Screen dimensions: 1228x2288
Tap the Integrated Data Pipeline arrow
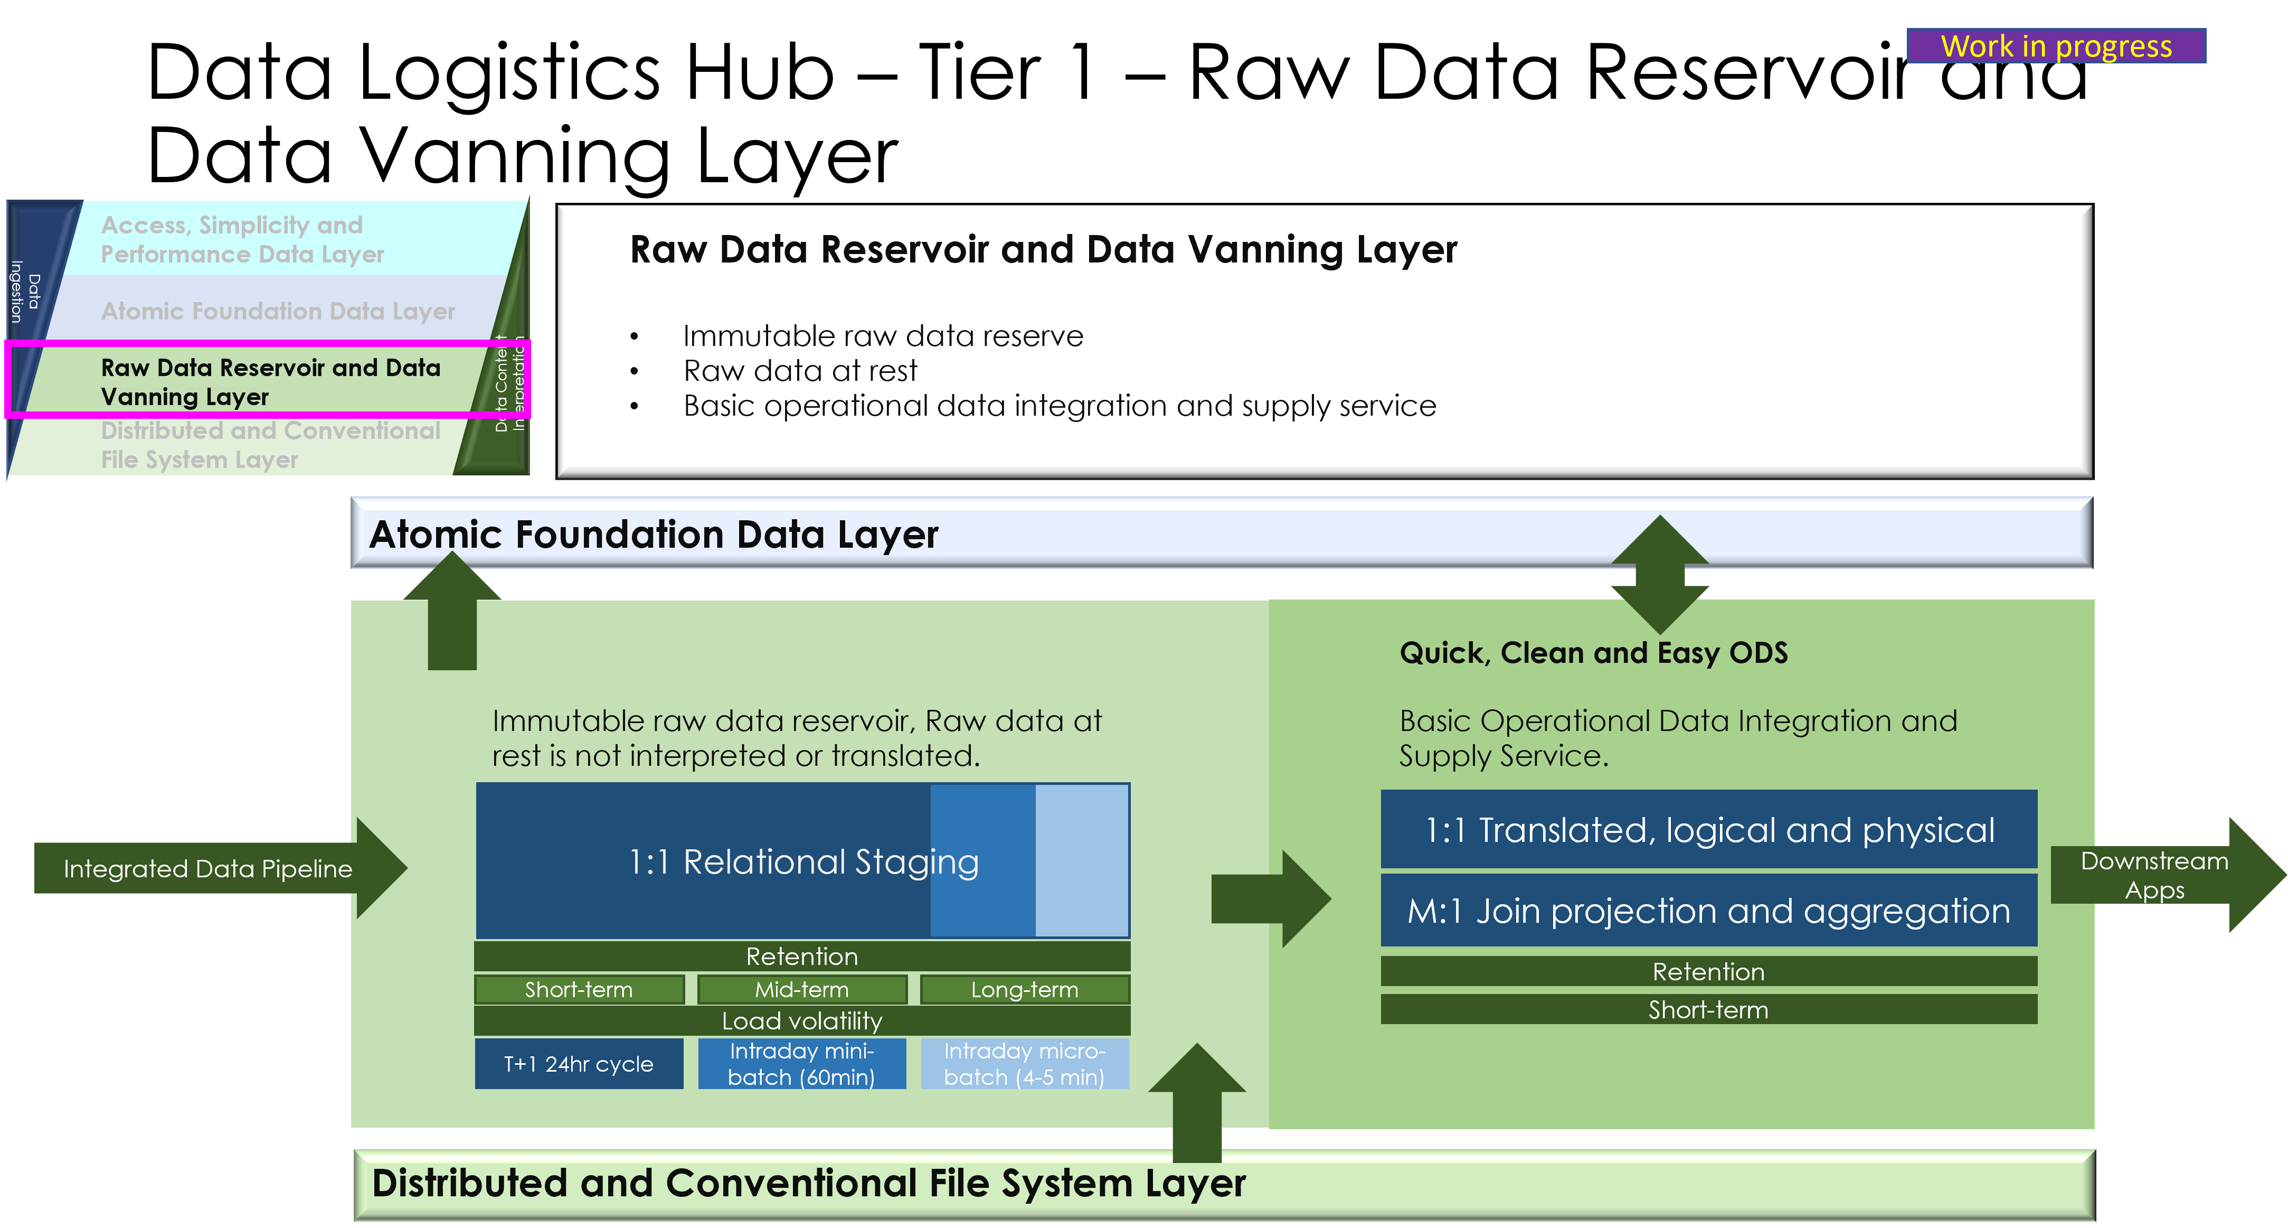click(209, 868)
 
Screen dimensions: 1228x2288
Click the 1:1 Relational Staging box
click(802, 861)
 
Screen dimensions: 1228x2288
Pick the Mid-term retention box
click(802, 989)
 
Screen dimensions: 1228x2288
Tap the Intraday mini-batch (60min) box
click(801, 1064)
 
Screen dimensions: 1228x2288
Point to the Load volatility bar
click(802, 1021)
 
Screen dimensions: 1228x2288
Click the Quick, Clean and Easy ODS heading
click(1593, 653)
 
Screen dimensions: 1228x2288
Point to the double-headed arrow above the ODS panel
click(1659, 574)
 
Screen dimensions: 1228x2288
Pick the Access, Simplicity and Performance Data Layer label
click(242, 239)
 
